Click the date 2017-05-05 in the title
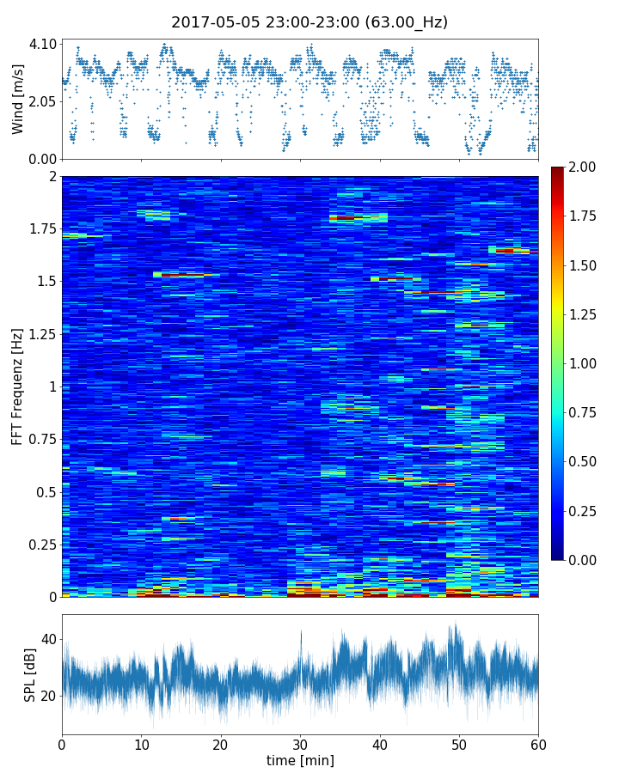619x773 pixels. (x=210, y=22)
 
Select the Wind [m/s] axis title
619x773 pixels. (x=18, y=99)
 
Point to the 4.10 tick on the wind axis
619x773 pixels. (x=44, y=44)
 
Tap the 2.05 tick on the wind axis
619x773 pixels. (x=44, y=101)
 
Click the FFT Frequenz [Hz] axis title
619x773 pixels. (x=18, y=386)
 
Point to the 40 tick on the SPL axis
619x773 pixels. (x=47, y=639)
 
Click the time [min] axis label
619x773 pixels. (x=300, y=760)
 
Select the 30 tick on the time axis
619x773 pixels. (x=300, y=743)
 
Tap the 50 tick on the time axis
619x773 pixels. (x=459, y=743)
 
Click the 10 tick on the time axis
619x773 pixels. (x=141, y=743)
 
